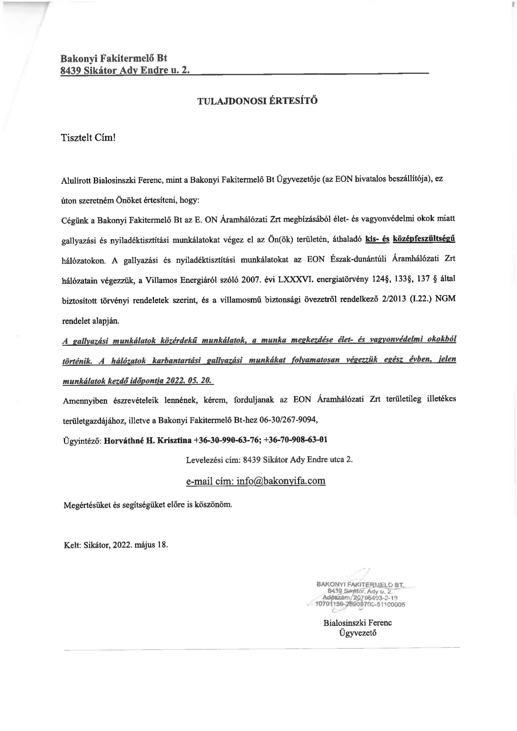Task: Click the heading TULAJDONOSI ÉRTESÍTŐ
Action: (257, 101)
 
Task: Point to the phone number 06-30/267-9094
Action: (289, 420)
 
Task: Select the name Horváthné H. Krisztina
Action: (148, 440)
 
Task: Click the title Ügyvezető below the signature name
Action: (358, 632)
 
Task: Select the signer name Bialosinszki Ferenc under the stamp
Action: (358, 623)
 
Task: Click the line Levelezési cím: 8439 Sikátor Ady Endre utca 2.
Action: (269, 460)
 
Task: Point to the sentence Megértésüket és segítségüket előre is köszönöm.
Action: (147, 504)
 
